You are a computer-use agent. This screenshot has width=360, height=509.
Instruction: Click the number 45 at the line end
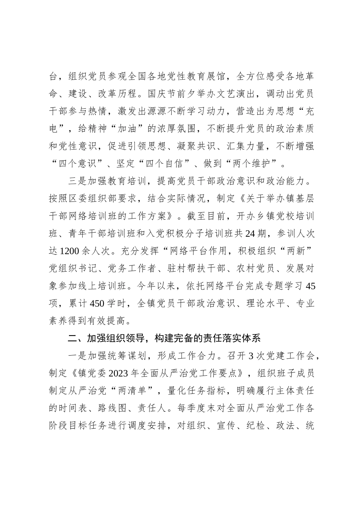[310, 286]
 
